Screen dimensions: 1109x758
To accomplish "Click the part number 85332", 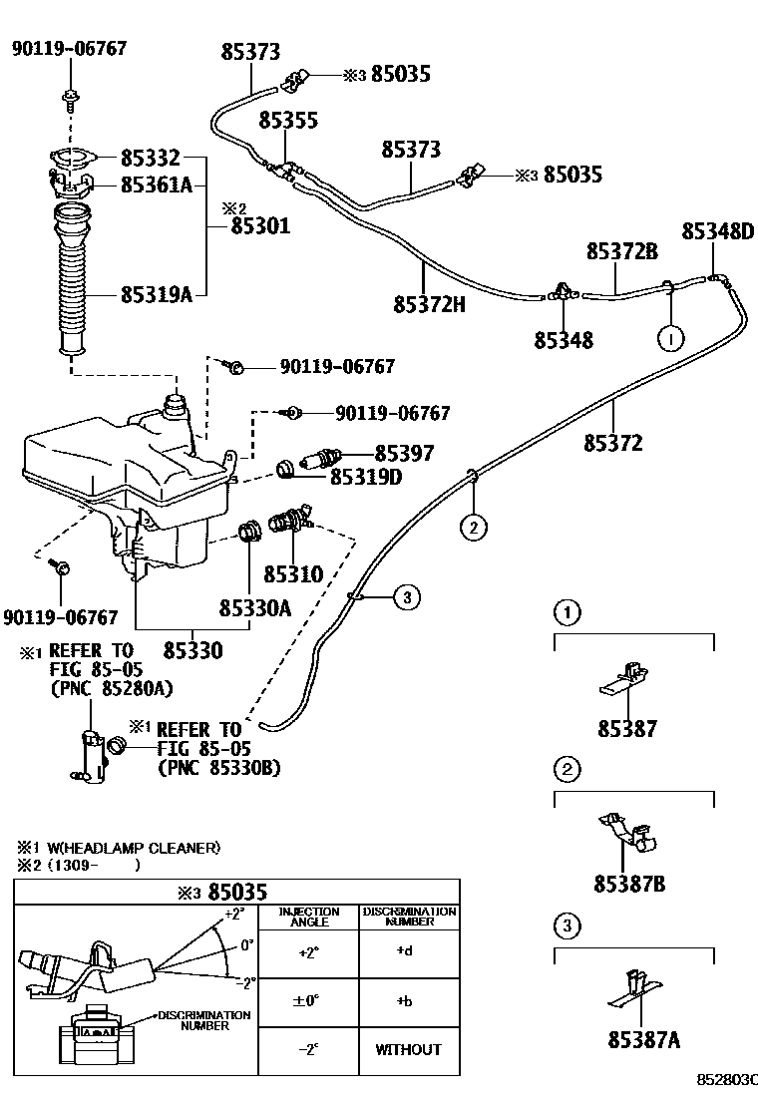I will (151, 158).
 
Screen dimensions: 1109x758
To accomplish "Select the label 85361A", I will (157, 185).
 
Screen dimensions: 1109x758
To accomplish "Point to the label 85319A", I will (157, 294).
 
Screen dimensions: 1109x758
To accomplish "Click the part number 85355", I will (288, 121).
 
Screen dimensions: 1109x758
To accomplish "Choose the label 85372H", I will (430, 304).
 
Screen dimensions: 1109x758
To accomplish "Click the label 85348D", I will (718, 231).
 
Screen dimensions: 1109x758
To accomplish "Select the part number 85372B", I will (621, 252).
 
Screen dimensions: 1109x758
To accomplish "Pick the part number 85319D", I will (367, 478).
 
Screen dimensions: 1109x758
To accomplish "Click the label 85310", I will (293, 574).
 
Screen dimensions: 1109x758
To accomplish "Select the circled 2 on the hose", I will (473, 528).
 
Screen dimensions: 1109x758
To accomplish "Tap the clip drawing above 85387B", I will (630, 832).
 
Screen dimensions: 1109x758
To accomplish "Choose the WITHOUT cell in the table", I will (408, 1049).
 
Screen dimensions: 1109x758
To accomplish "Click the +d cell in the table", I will (404, 950).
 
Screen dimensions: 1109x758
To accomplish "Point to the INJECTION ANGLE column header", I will (308, 918).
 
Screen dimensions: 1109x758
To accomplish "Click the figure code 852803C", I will (727, 1080).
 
